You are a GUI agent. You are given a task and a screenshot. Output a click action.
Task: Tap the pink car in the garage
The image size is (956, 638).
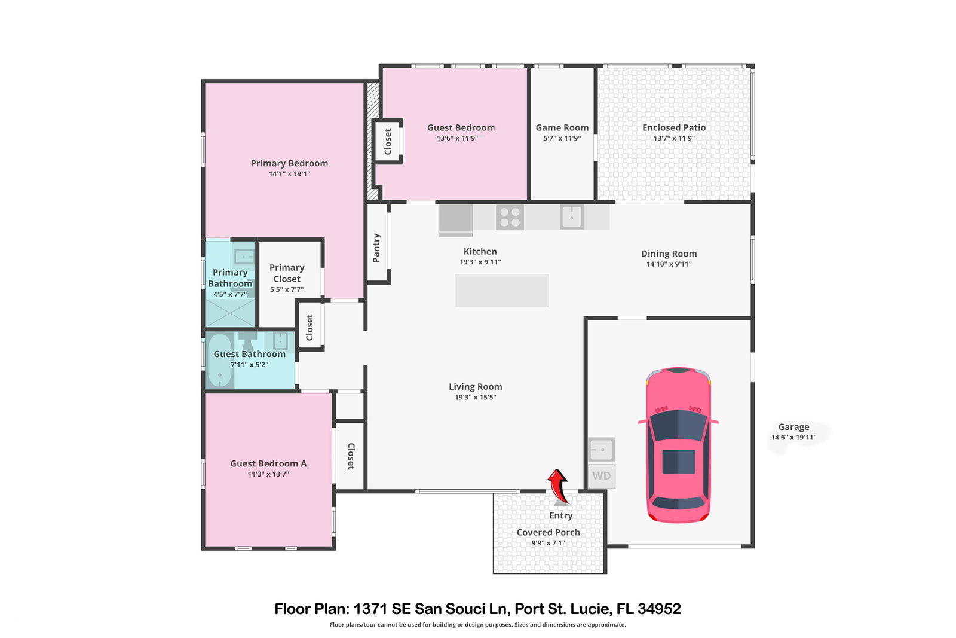678,444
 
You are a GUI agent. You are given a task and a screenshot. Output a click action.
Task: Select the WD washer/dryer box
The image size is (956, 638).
601,476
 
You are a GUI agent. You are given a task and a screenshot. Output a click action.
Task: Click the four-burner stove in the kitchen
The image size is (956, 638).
510,218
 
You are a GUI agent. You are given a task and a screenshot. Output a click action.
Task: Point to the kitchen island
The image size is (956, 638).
501,291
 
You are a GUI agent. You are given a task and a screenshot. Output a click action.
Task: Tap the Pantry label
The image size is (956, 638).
376,248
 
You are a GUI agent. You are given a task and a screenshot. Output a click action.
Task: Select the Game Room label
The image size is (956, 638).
562,127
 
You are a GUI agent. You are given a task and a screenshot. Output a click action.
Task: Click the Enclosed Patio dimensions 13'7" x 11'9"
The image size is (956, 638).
674,138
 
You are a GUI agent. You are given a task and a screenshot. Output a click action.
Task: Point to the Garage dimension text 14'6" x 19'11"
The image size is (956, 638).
794,437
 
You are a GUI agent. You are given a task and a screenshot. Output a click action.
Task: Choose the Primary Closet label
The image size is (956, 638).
287,273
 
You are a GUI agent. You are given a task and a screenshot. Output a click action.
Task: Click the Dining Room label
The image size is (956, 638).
669,254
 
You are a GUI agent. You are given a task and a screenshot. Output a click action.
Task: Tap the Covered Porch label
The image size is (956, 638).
549,532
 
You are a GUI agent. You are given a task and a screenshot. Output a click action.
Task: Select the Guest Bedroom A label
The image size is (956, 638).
268,463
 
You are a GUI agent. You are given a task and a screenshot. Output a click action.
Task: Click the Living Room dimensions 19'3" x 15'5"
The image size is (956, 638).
476,397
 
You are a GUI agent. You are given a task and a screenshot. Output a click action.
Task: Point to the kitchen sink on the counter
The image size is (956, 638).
572,217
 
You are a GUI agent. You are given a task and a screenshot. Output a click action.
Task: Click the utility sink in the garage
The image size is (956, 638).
601,450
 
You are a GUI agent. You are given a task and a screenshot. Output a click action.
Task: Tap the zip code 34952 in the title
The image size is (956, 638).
660,609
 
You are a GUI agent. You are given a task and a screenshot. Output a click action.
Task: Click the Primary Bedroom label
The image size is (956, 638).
289,163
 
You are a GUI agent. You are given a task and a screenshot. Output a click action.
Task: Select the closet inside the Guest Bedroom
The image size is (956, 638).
388,141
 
